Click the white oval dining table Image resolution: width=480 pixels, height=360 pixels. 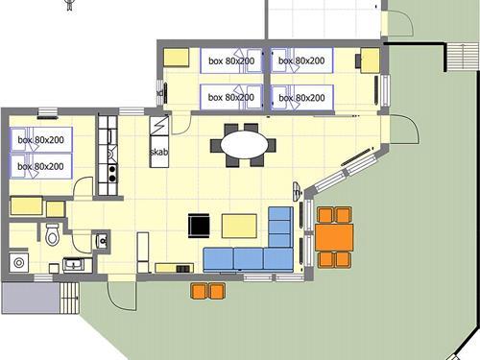point(244,145)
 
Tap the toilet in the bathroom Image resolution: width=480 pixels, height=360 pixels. point(53,234)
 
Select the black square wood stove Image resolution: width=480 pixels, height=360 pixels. point(199,226)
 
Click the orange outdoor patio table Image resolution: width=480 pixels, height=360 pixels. point(334,237)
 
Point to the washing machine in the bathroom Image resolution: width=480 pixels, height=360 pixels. point(19,263)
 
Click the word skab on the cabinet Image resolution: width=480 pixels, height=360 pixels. point(158,152)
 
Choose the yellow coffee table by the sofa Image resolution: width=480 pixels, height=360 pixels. point(239,227)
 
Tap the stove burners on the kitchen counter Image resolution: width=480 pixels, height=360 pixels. point(112,174)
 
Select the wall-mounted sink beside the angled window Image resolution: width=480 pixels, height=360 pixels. point(298,191)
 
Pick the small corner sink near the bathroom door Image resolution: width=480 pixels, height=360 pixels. point(102,240)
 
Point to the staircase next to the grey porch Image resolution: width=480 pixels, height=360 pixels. point(69,298)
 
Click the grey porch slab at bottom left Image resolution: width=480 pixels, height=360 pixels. point(31,298)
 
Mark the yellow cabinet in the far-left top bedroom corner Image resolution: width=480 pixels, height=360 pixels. point(176,58)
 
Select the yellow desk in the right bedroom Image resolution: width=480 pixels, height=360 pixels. point(371,60)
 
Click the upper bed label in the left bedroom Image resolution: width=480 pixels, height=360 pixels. point(40,140)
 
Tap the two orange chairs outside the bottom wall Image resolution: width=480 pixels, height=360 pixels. point(207,291)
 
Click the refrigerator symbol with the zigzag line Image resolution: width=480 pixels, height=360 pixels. point(159,126)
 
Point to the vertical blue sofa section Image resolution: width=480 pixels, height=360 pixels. point(280,227)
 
